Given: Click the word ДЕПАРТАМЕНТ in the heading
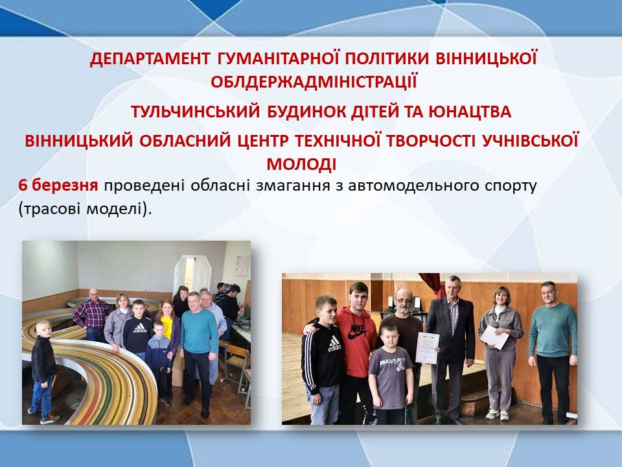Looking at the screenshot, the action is pos(150,59).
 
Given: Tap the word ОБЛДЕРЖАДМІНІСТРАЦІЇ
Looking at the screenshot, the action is pos(314,82).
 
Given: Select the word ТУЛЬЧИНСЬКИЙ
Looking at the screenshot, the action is pos(195,112).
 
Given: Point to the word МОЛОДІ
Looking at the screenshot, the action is pos(301,164).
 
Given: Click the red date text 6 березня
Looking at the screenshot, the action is pos(58,185).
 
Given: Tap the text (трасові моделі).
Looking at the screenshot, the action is pos(86,209).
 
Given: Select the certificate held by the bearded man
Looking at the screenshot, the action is pos(427,348).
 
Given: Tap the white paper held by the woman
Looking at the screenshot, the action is pos(494,337).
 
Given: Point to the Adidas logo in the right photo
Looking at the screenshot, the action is pos(334,344).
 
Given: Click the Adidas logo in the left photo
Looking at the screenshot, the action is pos(140,328).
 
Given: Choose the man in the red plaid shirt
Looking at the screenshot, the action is pos(92,315).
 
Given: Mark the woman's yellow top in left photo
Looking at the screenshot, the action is pos(167,326).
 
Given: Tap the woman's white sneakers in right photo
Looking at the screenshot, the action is pos(498,414).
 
